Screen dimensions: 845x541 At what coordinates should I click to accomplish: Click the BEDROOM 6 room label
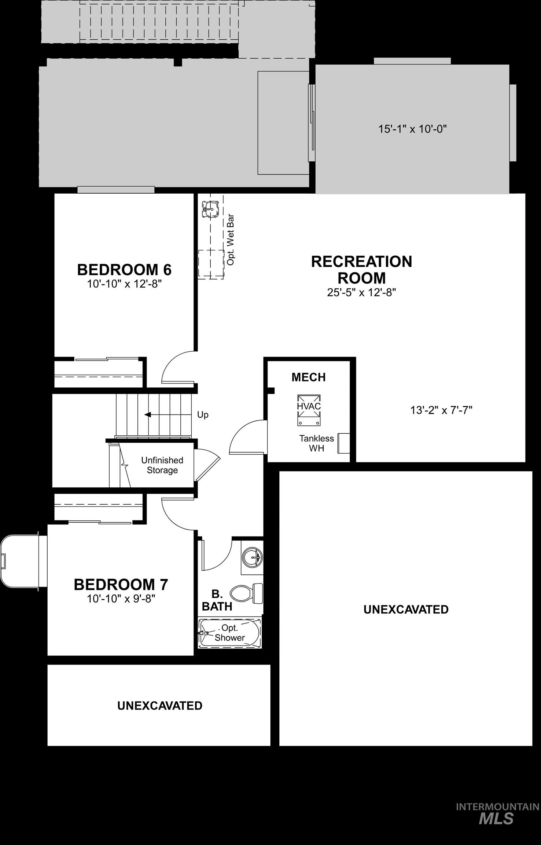124,270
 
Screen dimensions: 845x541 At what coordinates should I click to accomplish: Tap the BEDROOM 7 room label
121,585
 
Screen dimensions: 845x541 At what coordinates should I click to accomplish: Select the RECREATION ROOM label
361,270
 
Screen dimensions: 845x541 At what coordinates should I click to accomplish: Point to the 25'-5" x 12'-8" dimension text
361,293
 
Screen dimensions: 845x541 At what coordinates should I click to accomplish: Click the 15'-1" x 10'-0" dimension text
412,129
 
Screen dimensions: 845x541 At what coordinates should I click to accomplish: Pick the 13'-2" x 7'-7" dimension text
441,410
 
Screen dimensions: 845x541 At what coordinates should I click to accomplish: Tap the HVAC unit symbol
309,410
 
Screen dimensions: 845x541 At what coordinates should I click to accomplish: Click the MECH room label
308,377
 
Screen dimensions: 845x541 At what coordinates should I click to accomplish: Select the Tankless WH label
316,443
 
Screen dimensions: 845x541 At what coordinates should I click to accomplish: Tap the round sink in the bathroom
253,558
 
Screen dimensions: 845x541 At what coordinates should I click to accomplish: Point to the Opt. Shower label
230,633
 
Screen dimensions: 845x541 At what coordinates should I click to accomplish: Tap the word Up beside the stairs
203,415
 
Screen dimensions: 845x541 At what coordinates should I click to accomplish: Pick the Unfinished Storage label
162,465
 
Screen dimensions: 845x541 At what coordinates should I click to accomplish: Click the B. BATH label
217,600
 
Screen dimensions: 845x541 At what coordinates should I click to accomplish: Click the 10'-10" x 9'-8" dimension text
121,599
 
